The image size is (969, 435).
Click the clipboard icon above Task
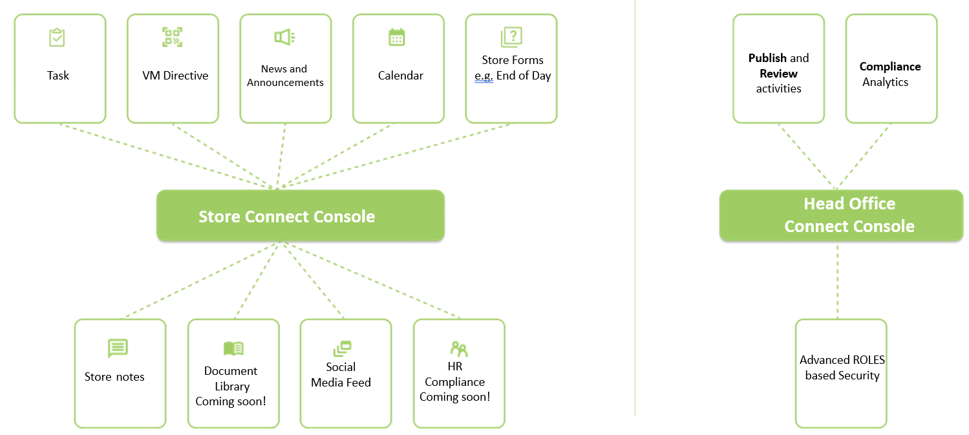57,37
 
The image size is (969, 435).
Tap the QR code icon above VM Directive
172,37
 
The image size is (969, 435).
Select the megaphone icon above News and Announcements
284,37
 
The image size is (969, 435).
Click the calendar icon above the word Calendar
397,37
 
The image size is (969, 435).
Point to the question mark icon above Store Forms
511,37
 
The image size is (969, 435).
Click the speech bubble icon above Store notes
118,348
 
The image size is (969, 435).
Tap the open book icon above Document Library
233,348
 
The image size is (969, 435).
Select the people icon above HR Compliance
459,349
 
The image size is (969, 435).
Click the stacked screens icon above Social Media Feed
343,348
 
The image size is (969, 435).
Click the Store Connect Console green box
300,215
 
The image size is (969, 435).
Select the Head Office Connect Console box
841,215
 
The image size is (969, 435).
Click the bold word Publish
767,58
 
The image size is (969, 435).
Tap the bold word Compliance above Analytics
890,67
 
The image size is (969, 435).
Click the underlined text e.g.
484,76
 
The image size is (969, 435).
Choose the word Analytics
885,82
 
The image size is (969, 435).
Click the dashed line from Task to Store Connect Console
167,156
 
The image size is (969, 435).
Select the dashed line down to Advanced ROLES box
838,282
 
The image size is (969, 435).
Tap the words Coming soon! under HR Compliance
454,397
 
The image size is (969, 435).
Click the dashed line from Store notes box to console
200,281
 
